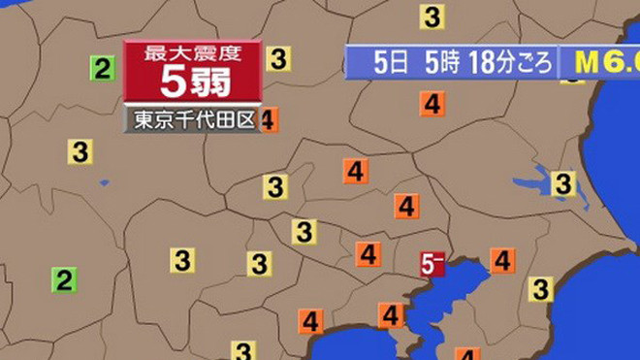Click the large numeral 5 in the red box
(x=171, y=84)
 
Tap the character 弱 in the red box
(x=211, y=84)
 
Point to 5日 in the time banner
(x=391, y=64)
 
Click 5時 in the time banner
(x=441, y=64)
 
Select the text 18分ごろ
(x=510, y=64)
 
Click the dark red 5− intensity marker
(x=432, y=262)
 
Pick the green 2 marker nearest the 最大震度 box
(x=103, y=68)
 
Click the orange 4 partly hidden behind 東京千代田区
(x=270, y=118)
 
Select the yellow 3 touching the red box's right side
(x=279, y=59)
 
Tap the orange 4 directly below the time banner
(x=432, y=104)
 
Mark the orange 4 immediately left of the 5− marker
(x=368, y=255)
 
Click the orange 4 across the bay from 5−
(x=501, y=260)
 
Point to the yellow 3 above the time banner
(x=432, y=16)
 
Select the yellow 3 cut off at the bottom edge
(x=243, y=350)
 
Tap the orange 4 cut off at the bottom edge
(x=467, y=354)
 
